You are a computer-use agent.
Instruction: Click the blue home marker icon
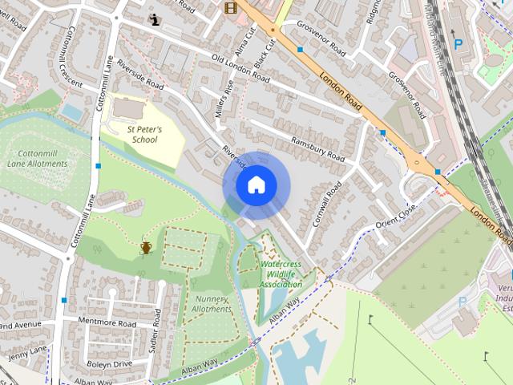coord(255,185)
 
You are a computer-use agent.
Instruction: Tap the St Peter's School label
coord(144,134)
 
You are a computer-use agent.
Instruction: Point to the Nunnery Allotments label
coord(212,304)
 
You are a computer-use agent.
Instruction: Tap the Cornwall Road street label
coord(327,202)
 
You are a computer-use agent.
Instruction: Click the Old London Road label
coord(240,69)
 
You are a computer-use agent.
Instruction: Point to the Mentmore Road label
coord(107,321)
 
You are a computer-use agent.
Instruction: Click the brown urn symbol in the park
coord(146,247)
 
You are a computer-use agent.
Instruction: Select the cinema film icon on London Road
coord(231,8)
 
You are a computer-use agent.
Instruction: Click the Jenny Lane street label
coord(27,351)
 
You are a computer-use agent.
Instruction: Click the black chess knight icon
coord(154,18)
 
